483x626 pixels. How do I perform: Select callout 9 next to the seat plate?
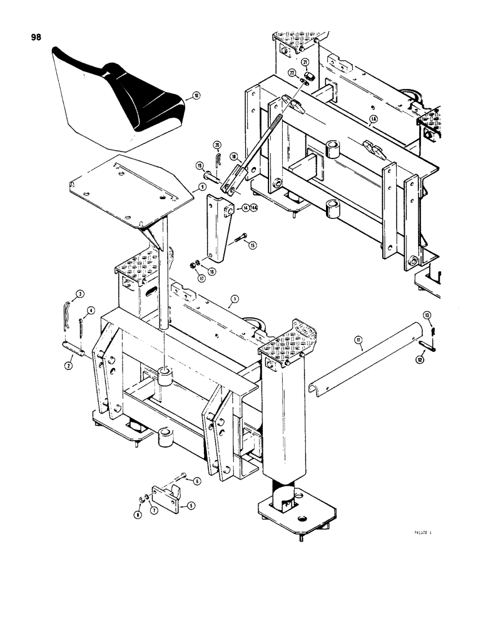click(x=203, y=187)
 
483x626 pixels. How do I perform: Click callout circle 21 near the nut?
click(x=306, y=61)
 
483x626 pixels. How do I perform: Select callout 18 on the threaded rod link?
click(x=233, y=156)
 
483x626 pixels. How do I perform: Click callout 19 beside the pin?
click(x=199, y=166)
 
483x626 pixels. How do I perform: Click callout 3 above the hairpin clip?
click(x=80, y=294)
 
